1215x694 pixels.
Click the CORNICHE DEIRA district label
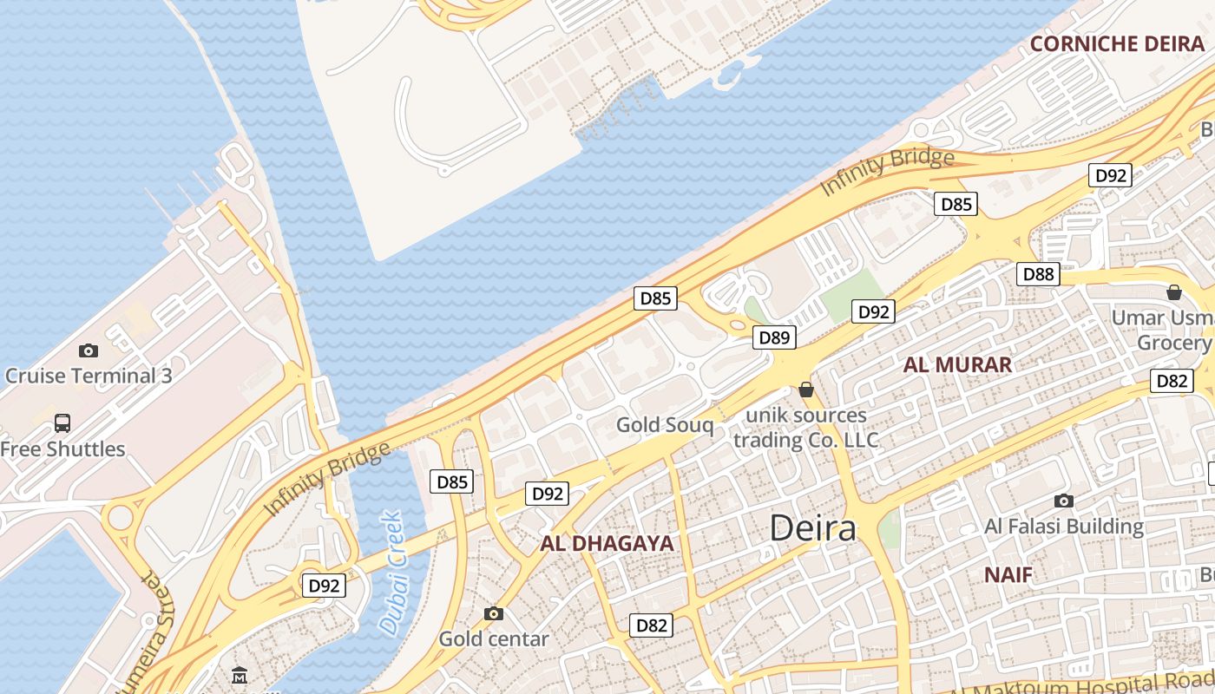coord(1117,44)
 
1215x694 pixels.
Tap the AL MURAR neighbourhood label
coord(957,364)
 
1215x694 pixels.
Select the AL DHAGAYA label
coord(607,544)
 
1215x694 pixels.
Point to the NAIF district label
coord(1008,574)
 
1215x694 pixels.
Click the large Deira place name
coord(812,527)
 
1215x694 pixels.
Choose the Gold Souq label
coord(665,425)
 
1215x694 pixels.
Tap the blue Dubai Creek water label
coord(392,573)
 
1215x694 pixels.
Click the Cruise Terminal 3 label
coord(89,376)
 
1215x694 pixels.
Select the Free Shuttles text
coord(62,448)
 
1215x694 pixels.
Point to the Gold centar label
coord(494,639)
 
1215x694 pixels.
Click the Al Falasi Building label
coord(1064,527)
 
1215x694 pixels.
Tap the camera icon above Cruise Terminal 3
coord(88,350)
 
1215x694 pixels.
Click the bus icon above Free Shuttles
coord(62,423)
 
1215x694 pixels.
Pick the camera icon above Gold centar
coord(494,614)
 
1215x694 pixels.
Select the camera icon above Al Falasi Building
coord(1064,501)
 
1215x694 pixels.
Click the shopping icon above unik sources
coord(806,390)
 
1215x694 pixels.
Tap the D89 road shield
coord(773,337)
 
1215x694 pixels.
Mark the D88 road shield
coord(1038,274)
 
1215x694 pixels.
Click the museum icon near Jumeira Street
coord(240,675)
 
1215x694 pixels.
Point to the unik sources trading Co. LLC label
coord(806,428)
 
